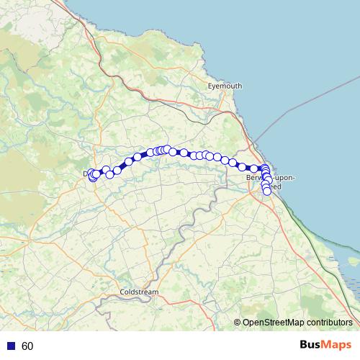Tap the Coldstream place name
pos(139,292)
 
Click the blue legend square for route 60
pos(11,346)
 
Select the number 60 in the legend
pos(27,346)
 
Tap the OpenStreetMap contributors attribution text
pos(295,323)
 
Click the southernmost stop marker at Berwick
pos(267,191)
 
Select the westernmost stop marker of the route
pos(91,175)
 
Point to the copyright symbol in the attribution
pos(238,323)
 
